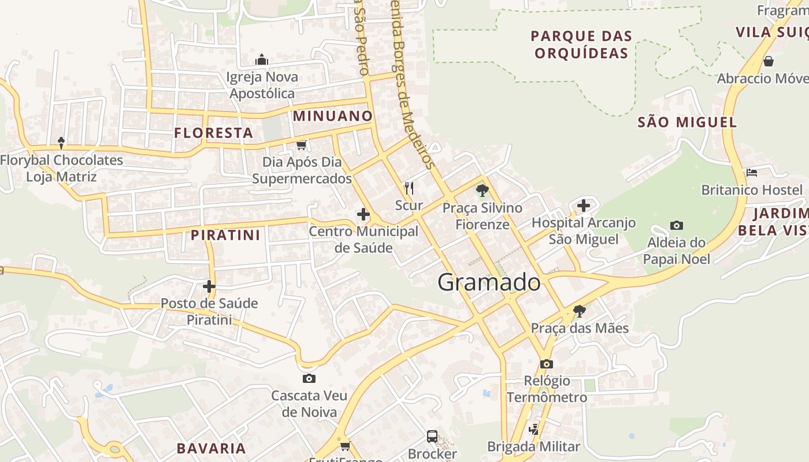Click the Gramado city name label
click(489, 282)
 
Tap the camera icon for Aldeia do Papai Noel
click(677, 225)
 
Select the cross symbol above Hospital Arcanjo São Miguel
click(584, 205)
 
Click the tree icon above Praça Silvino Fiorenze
click(482, 190)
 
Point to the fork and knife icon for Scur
click(409, 188)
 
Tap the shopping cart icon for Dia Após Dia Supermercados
click(301, 144)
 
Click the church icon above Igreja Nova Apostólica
click(262, 59)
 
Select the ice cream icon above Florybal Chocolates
click(61, 143)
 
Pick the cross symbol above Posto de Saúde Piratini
click(209, 286)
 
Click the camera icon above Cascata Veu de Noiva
click(309, 379)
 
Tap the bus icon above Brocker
click(432, 436)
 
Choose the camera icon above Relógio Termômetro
click(547, 364)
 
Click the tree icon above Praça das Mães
click(579, 311)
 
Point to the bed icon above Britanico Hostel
click(751, 172)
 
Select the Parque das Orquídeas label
click(581, 44)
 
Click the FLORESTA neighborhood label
click(214, 133)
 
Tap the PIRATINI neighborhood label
click(225, 235)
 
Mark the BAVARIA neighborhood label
click(211, 448)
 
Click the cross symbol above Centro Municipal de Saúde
click(363, 215)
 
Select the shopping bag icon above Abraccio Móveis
click(769, 61)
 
